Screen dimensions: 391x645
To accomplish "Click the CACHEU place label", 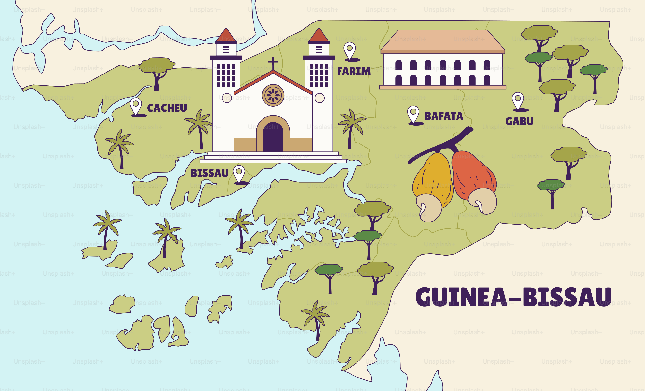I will (x=167, y=108).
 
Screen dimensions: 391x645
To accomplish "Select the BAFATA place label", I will (x=444, y=116).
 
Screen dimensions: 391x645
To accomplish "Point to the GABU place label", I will (x=519, y=121).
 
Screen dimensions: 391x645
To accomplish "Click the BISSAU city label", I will (x=209, y=173).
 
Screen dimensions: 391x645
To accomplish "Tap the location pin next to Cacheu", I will (x=136, y=106).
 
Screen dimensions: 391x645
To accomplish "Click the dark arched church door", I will (x=273, y=137).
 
